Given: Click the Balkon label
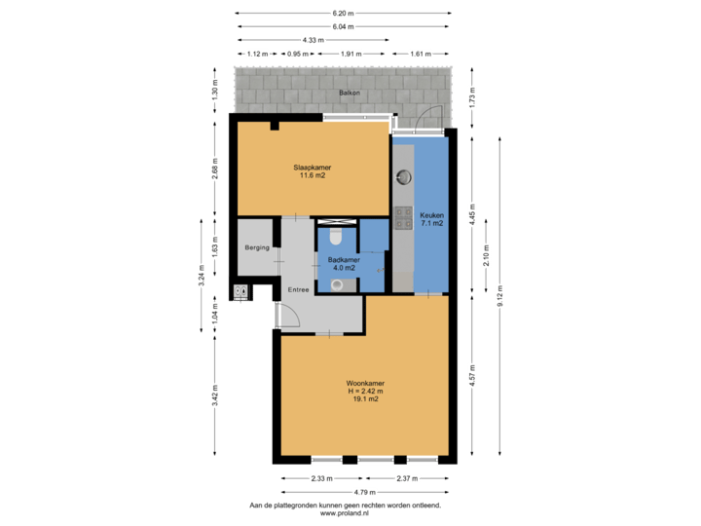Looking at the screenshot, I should [x=350, y=93].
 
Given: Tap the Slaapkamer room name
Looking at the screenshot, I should [x=312, y=168].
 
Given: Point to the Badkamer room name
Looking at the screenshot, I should [x=344, y=260].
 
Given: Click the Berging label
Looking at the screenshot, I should [x=257, y=248].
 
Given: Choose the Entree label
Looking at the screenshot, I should [x=297, y=289].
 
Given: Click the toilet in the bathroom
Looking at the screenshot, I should [x=336, y=236].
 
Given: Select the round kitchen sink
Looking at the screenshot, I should [x=404, y=177].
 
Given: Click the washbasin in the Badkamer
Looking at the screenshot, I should [x=337, y=284].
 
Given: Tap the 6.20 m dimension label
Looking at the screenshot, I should [x=343, y=13].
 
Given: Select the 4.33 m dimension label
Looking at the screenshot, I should [x=313, y=40].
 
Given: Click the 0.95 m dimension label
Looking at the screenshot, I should [x=297, y=54].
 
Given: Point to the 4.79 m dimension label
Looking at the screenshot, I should [x=365, y=493].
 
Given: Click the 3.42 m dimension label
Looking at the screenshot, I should [x=215, y=394].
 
